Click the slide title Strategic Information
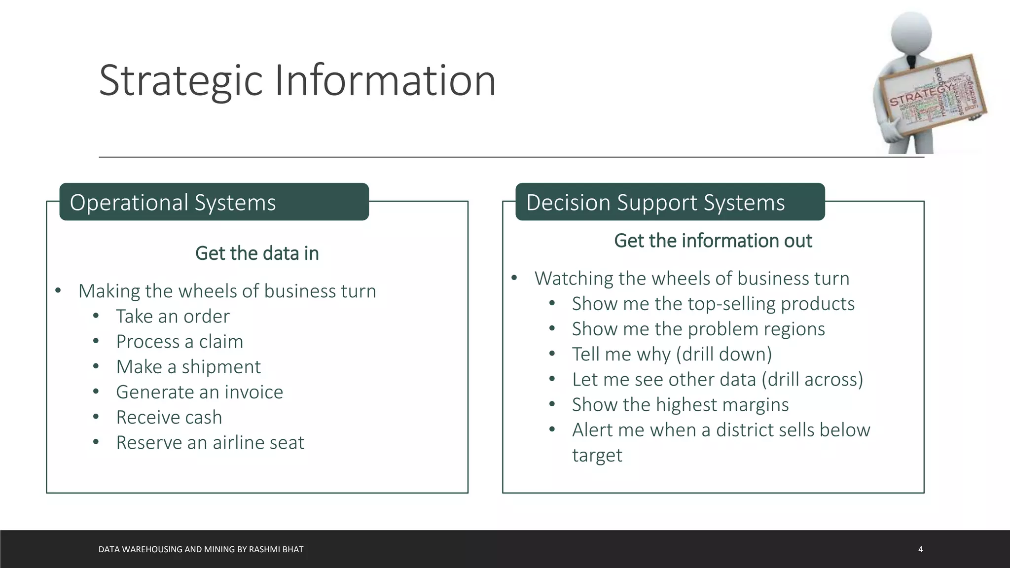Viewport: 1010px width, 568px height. pos(297,80)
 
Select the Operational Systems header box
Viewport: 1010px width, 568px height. pos(214,202)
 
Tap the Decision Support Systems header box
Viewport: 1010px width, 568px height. pos(670,202)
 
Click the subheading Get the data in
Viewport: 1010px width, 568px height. pos(257,253)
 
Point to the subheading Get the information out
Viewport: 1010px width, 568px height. pos(713,241)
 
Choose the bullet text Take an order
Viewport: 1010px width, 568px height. pos(173,317)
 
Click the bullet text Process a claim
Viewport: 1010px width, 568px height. pos(180,342)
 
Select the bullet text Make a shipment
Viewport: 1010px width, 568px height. pos(188,367)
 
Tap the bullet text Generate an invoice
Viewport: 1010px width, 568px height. pos(199,392)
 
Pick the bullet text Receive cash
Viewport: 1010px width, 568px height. pos(169,418)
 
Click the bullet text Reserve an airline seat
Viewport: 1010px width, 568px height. pos(210,443)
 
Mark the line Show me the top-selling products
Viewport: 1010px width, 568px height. pos(713,304)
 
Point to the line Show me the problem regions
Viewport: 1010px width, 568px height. pos(698,329)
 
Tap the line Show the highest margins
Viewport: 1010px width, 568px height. pos(680,405)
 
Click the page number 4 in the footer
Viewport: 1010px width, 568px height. pos(920,549)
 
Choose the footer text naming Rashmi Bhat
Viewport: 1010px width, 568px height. pos(201,549)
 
